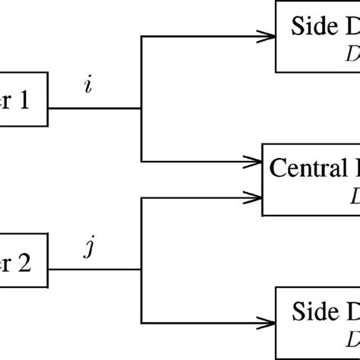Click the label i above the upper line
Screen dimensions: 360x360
(90, 87)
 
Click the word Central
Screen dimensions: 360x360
(305, 169)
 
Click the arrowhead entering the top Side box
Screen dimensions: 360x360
(267, 36)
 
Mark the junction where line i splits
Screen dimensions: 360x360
(141, 108)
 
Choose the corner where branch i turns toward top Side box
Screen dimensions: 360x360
(141, 36)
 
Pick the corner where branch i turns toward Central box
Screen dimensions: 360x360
(141, 161)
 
